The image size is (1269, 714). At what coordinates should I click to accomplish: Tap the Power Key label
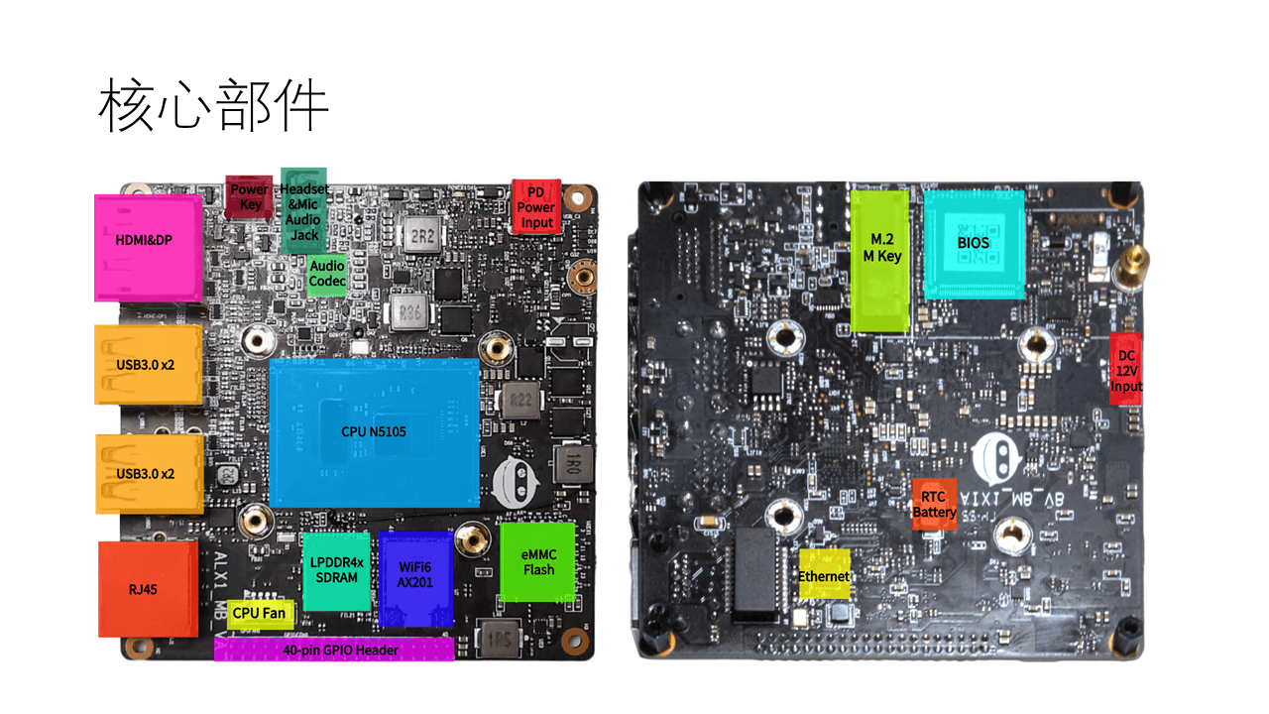click(249, 196)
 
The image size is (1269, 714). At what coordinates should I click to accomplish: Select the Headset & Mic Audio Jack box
click(304, 210)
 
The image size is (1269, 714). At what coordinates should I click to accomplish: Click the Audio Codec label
click(327, 274)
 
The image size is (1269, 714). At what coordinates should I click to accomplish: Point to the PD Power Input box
click(536, 207)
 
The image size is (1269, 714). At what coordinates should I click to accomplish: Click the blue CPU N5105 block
click(375, 432)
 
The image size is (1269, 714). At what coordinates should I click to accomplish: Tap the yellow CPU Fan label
click(260, 614)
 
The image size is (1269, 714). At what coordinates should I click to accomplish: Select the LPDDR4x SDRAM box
click(336, 571)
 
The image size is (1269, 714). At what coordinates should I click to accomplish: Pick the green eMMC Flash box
click(538, 562)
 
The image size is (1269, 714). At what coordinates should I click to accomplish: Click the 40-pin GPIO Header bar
click(334, 650)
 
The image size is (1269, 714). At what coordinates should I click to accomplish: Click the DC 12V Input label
click(1125, 370)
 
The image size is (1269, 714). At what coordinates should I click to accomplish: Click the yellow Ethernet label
click(825, 574)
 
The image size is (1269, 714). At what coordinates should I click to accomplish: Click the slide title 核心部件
click(213, 107)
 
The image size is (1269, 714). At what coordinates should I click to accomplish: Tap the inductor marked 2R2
click(423, 238)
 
